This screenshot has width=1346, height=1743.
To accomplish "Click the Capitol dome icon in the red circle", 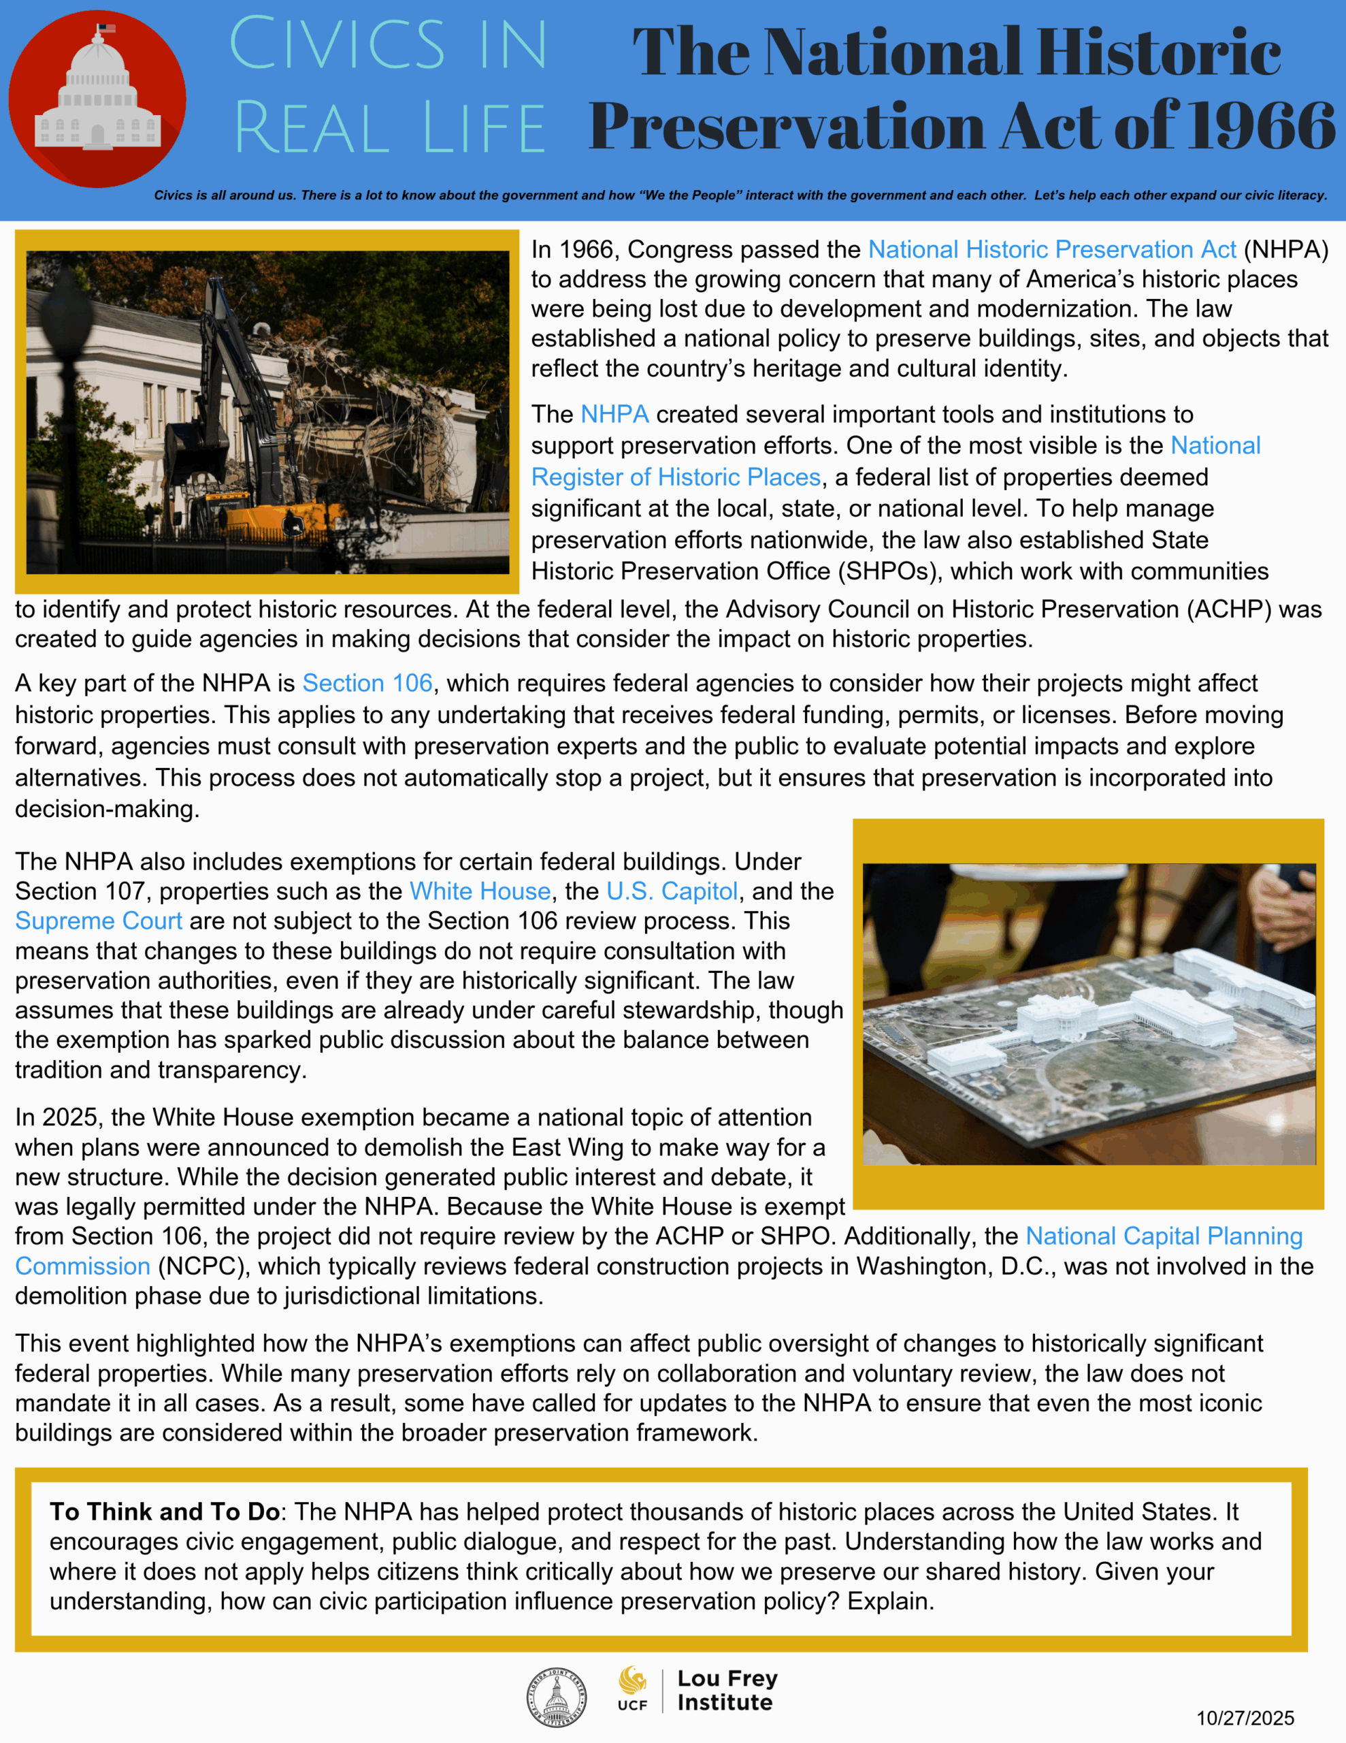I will point(97,96).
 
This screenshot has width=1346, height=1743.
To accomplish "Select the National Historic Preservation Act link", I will point(1051,250).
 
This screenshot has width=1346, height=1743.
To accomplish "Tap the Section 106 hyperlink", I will point(367,683).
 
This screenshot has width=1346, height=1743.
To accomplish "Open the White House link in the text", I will point(480,891).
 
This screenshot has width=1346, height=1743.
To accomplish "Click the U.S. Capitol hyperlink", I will point(672,891).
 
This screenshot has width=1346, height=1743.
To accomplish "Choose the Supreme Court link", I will point(98,921).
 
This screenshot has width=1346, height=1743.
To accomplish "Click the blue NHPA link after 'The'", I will point(614,414).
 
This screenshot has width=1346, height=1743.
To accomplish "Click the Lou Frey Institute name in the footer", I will point(726,1691).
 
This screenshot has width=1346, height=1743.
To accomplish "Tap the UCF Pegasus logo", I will point(633,1679).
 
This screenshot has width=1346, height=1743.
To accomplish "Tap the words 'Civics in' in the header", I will point(388,46).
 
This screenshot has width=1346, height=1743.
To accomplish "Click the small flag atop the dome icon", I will point(105,29).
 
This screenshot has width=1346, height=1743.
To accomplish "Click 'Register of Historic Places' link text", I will point(675,477).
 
